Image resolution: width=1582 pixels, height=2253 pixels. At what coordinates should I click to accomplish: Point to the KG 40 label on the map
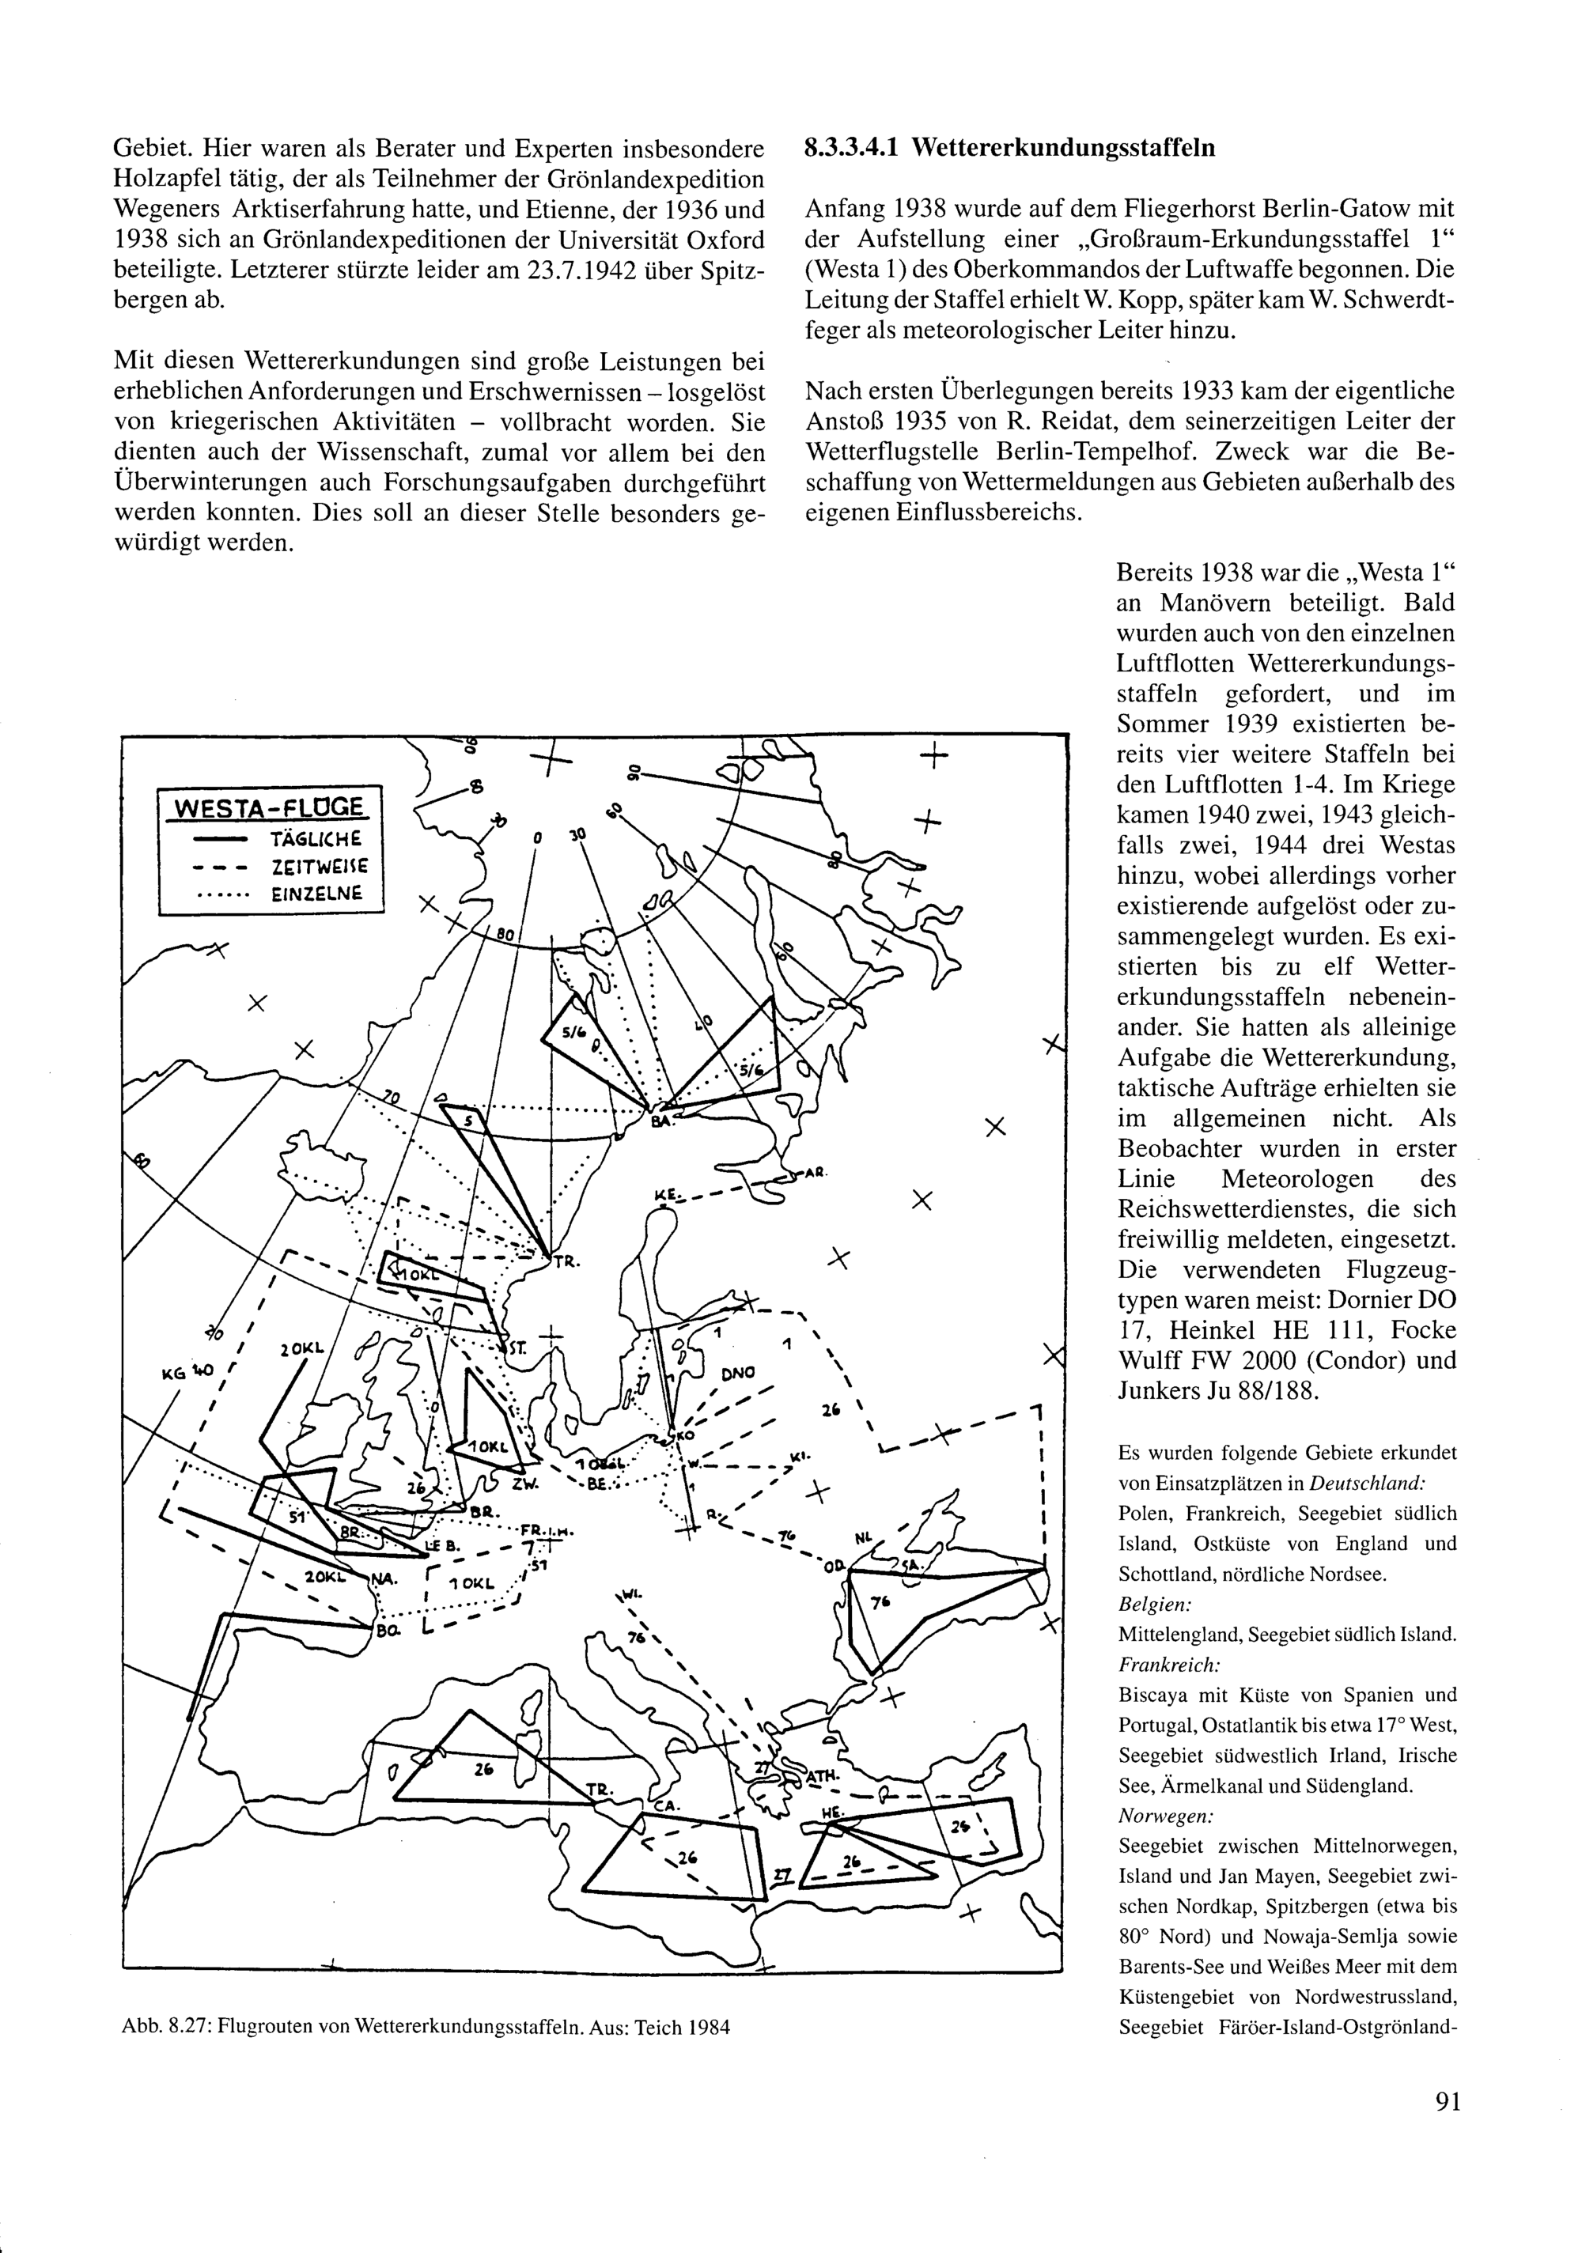pos(187,1373)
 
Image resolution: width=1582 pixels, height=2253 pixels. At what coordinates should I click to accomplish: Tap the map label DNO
pos(738,1373)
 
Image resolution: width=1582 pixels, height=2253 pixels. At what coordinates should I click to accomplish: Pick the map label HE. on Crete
pos(831,1813)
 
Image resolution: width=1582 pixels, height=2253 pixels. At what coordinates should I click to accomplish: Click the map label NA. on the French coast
pos(383,1578)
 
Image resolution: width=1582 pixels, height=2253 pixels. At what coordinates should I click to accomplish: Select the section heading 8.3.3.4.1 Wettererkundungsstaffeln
pos(1010,148)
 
